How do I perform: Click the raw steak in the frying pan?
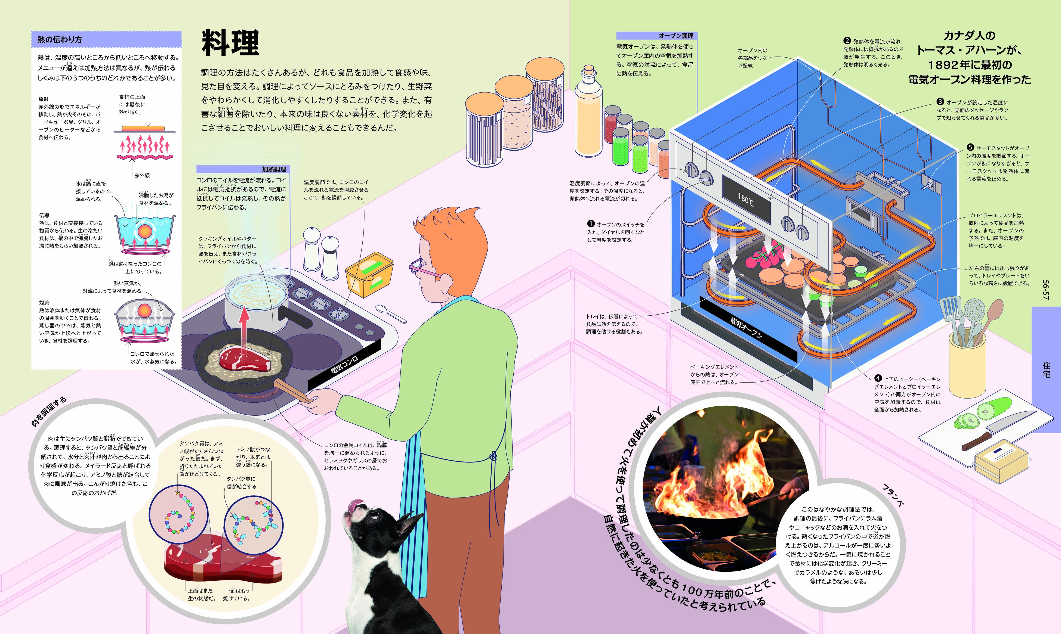(245, 359)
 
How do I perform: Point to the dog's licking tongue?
(356, 506)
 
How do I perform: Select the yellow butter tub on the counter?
(369, 274)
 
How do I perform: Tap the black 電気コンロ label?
(344, 366)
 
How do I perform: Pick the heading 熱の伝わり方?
(60, 40)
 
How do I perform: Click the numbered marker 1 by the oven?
(591, 224)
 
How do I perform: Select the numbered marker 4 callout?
(878, 378)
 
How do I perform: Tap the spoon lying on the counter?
(390, 313)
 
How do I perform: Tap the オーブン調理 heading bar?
(656, 36)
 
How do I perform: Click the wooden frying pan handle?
(292, 391)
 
